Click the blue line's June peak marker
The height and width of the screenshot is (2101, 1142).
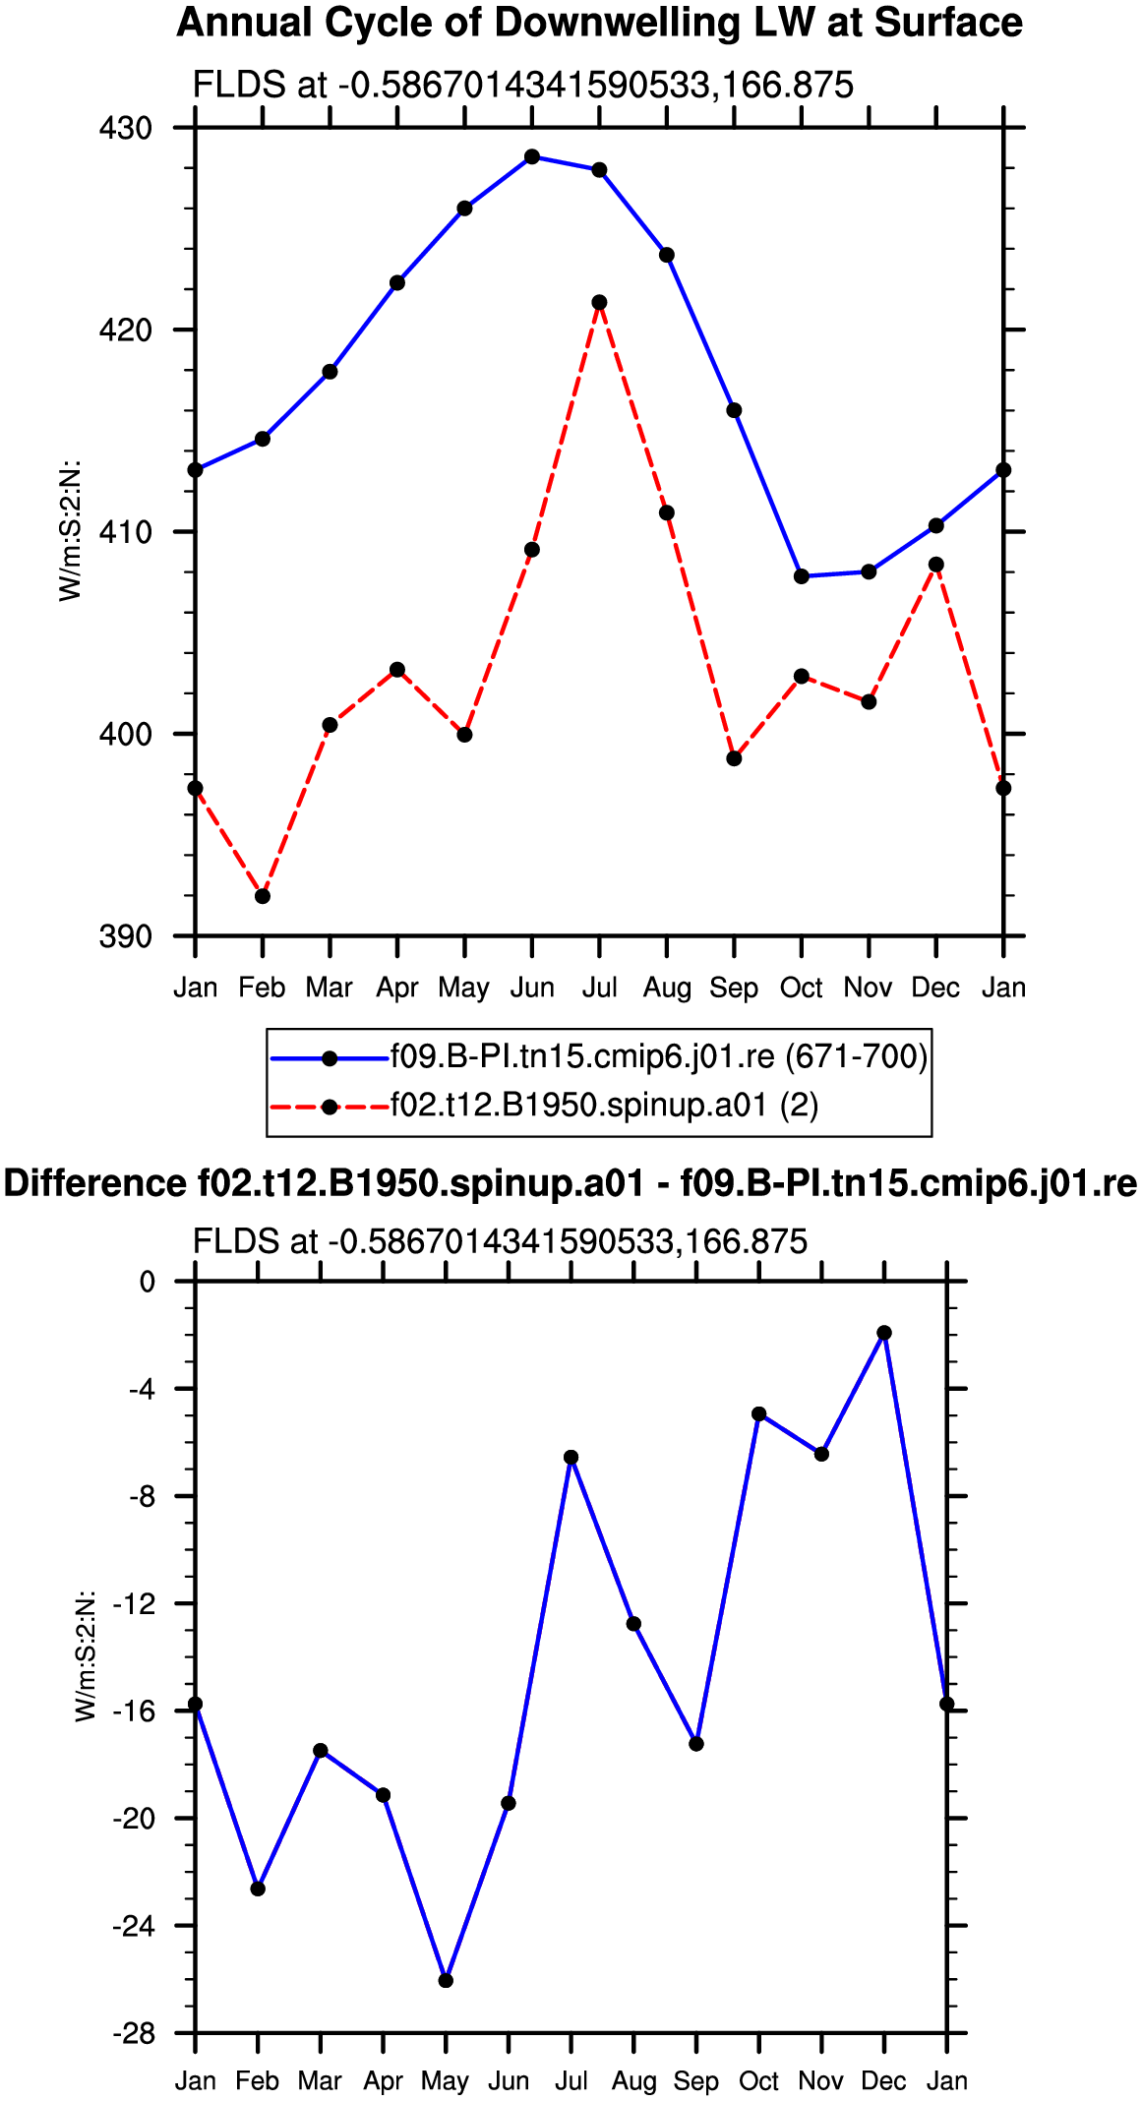tap(532, 156)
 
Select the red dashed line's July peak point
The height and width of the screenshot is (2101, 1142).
tap(599, 302)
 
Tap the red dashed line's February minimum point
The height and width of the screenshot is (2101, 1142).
tap(263, 896)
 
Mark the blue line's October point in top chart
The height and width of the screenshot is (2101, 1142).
tap(802, 576)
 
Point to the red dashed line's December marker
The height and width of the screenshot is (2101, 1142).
tap(936, 565)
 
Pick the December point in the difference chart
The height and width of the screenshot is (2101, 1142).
tap(884, 1333)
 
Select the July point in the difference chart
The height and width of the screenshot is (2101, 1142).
tap(571, 1458)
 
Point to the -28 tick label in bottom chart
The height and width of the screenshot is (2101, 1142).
tap(134, 2034)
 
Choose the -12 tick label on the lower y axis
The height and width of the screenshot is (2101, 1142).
tap(134, 1604)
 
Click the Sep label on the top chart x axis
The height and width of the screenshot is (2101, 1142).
tap(734, 988)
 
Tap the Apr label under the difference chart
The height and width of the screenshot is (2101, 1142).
tap(383, 2082)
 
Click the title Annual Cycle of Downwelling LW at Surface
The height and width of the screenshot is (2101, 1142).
tap(600, 23)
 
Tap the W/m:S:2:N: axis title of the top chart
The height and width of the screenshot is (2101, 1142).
tap(71, 530)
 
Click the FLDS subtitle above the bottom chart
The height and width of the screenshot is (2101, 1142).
tap(501, 1241)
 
